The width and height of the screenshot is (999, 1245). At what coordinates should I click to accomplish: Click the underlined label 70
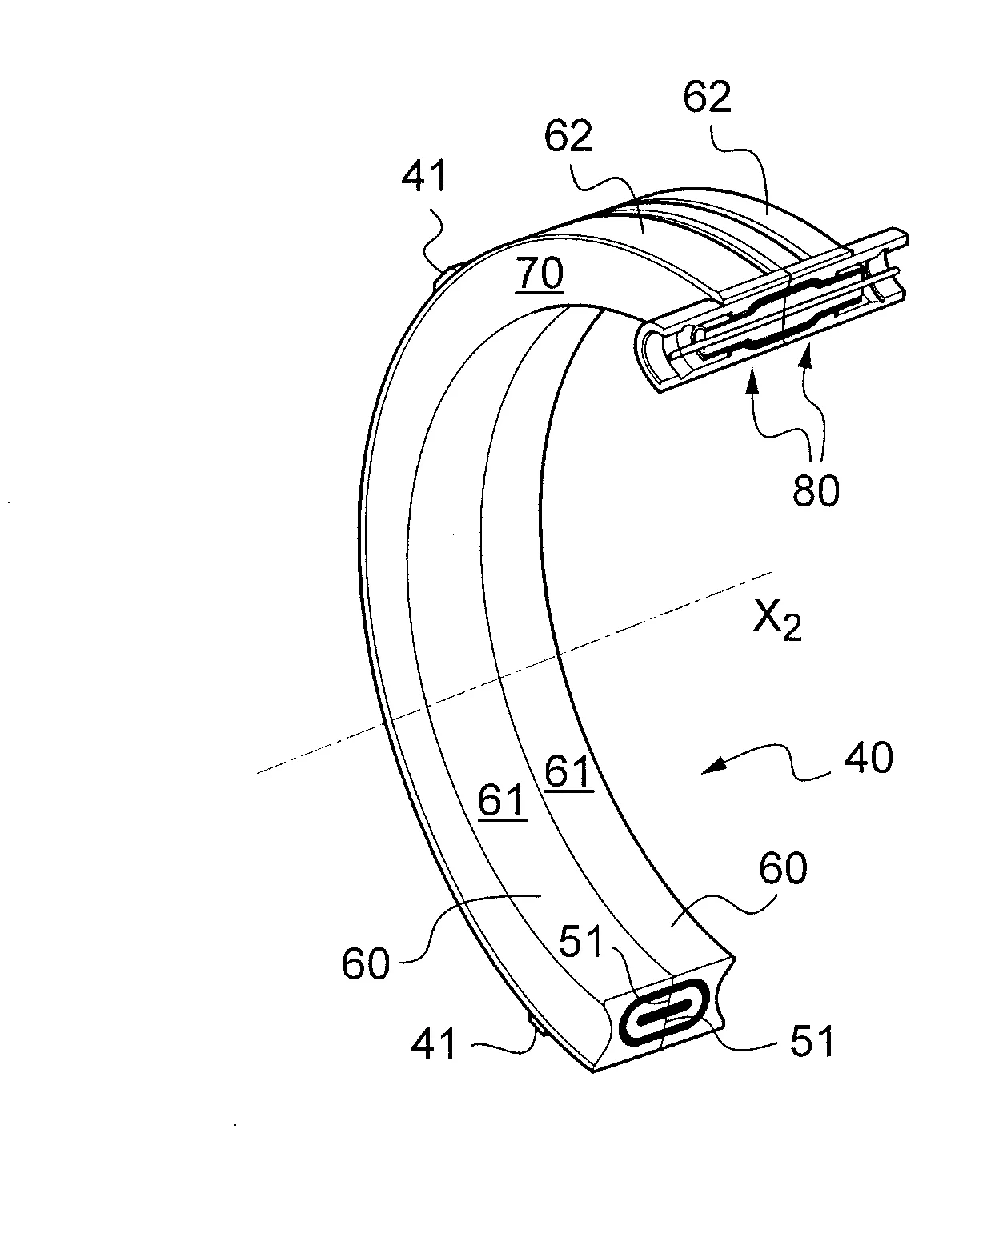(540, 274)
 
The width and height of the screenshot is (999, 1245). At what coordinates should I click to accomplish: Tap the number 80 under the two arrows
(816, 491)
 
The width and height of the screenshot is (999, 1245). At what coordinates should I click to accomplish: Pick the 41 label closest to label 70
(423, 176)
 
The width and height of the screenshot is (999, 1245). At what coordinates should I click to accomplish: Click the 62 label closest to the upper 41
(568, 136)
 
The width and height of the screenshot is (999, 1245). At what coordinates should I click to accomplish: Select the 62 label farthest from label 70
(708, 97)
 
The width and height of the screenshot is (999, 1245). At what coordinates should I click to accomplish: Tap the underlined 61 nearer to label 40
(569, 773)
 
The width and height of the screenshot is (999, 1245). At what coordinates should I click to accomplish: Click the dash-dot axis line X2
(514, 672)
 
